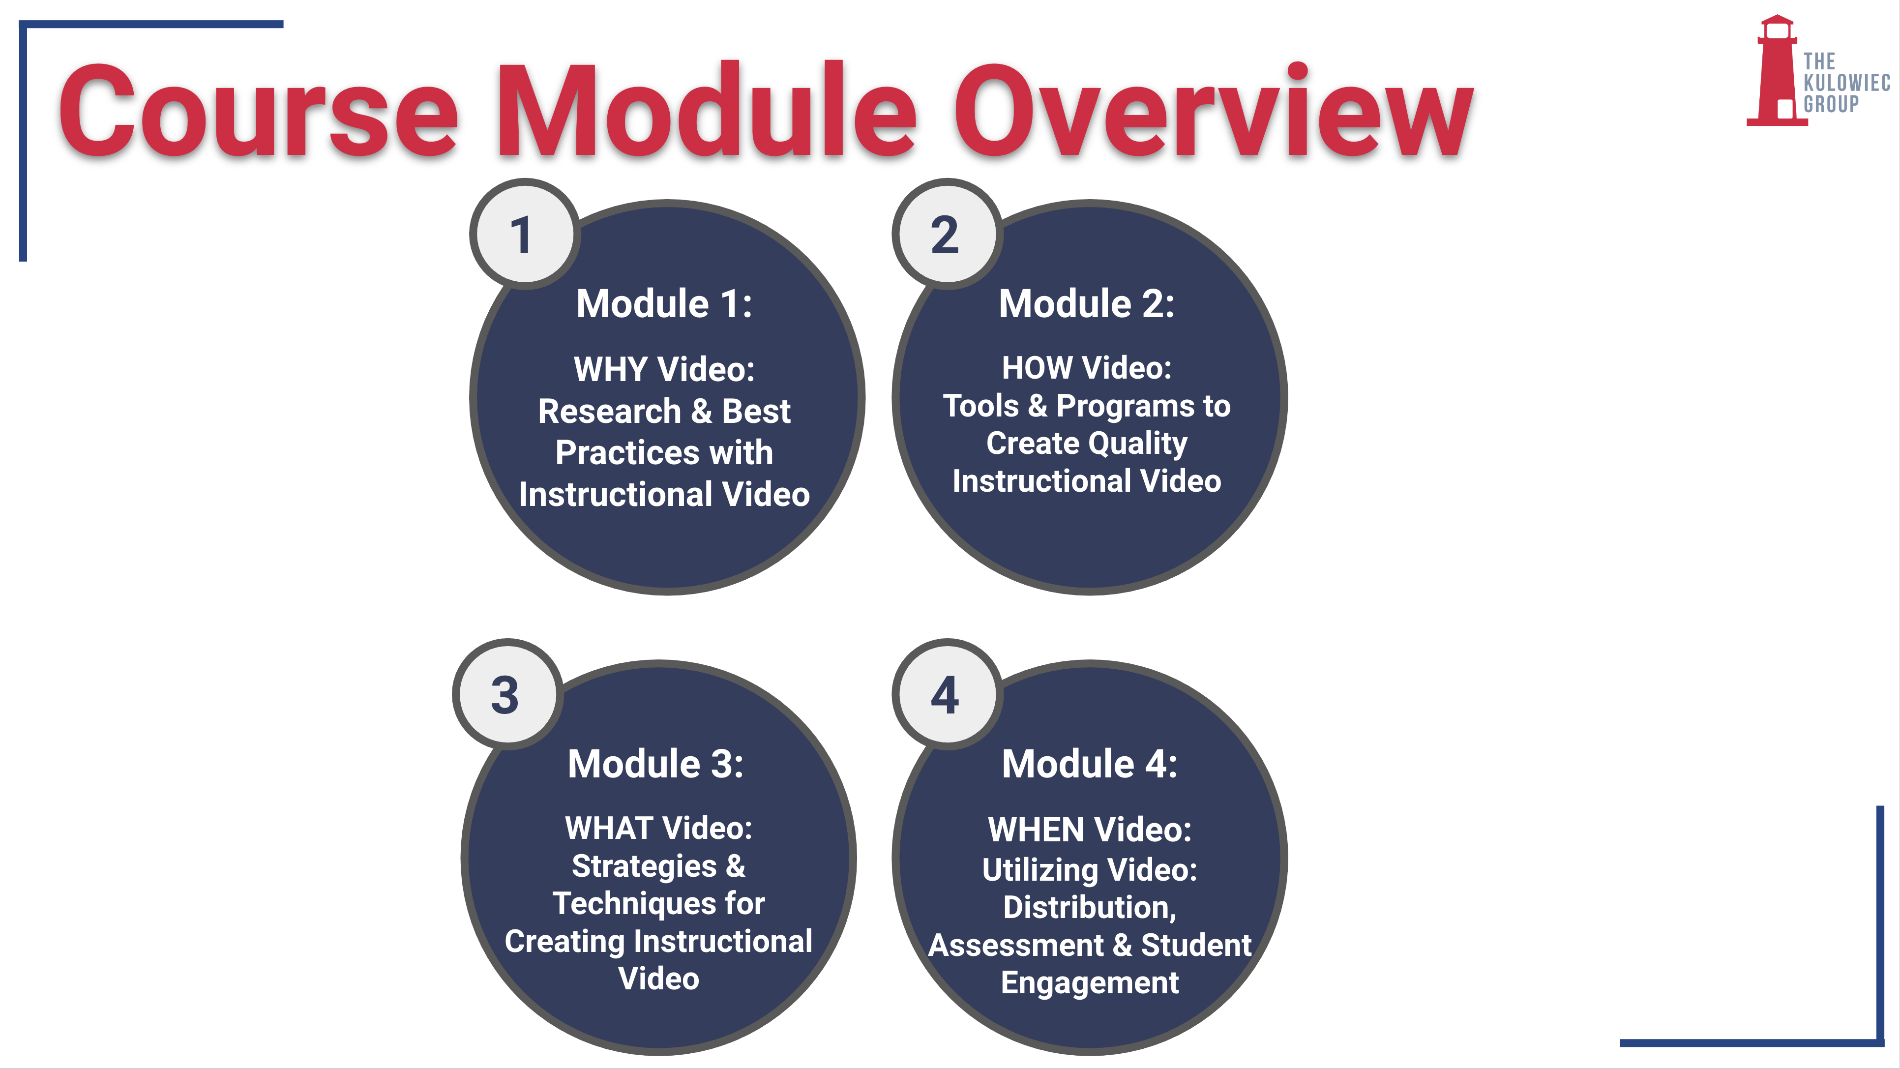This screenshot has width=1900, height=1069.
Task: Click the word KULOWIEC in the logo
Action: (x=1847, y=83)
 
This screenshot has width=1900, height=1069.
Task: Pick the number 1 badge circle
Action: (x=524, y=234)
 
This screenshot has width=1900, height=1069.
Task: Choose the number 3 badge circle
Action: (x=507, y=694)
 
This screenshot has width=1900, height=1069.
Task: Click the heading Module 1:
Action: (x=665, y=303)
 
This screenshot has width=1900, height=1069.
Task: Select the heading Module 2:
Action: (x=1087, y=303)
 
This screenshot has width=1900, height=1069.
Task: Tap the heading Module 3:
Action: (x=656, y=764)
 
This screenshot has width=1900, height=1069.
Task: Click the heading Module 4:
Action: (x=1090, y=764)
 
